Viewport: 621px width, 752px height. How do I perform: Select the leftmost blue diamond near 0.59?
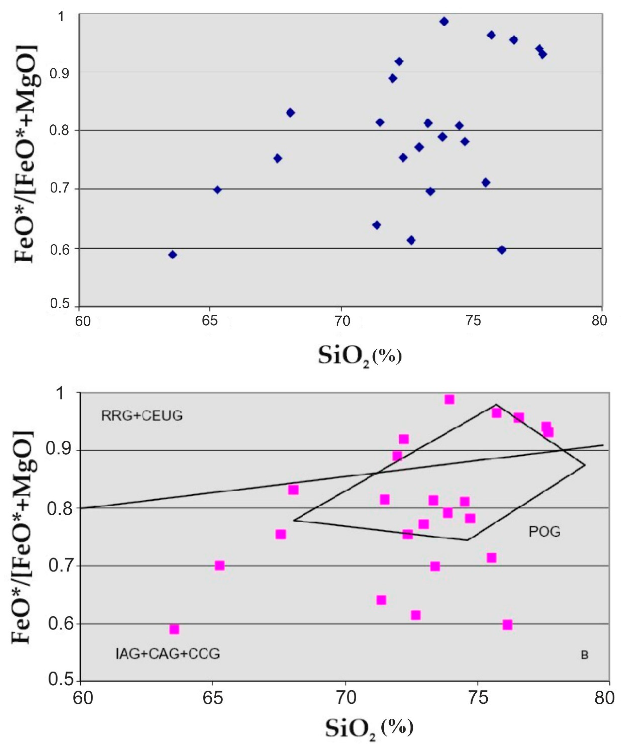point(173,255)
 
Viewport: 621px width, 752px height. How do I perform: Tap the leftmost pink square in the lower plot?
point(174,629)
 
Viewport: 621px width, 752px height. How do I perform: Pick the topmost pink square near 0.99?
point(450,399)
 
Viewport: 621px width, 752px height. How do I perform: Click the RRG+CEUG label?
point(142,416)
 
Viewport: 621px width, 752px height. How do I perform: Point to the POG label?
point(544,532)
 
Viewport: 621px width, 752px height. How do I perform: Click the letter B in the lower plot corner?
point(584,655)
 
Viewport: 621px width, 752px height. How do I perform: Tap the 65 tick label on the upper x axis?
point(210,321)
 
